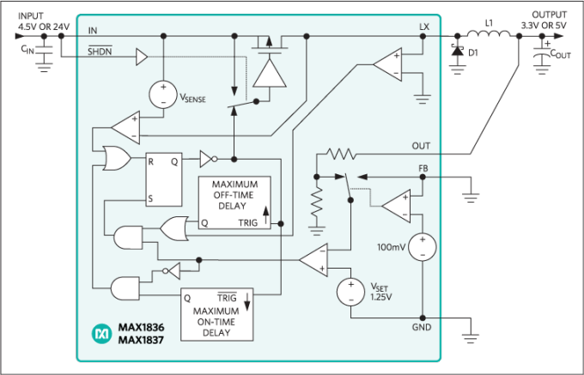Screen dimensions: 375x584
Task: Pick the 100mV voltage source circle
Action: [421, 248]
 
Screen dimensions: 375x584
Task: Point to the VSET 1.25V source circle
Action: [350, 291]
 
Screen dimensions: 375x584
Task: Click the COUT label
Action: [558, 56]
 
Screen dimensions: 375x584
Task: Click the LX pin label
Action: [423, 27]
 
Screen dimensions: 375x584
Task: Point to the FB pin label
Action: [423, 168]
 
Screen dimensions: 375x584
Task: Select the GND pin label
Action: [421, 328]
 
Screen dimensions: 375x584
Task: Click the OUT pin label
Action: [421, 146]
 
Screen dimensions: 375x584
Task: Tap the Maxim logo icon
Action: [102, 331]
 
